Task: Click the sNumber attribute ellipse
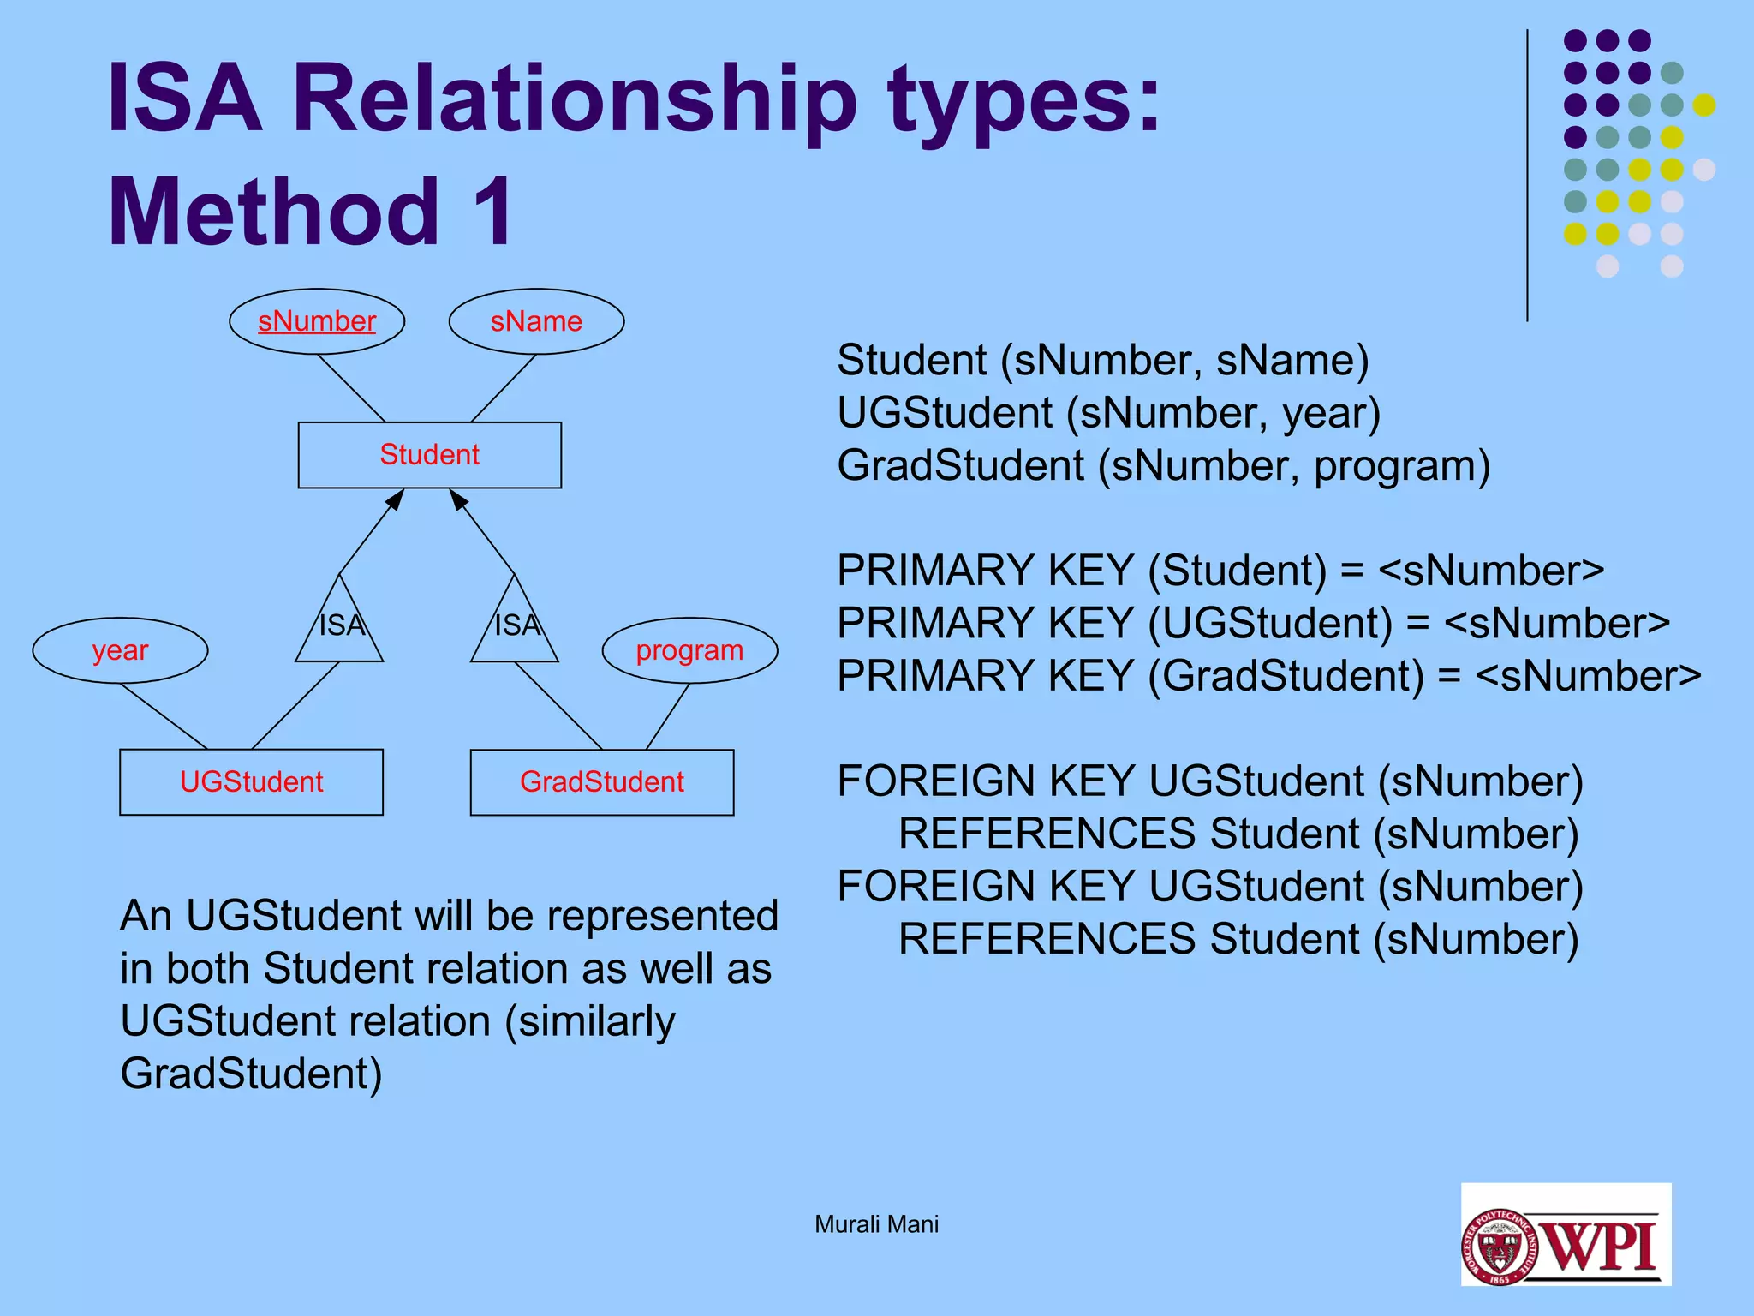coord(317,321)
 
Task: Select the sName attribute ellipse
coord(536,321)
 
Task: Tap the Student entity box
coord(429,455)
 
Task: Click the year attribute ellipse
coord(120,650)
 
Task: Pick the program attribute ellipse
coord(689,650)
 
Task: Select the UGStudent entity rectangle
coord(251,781)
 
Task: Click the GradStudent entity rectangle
coord(601,781)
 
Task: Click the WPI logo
coord(1566,1234)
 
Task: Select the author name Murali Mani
coord(876,1224)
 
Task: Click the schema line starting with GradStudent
coord(1163,466)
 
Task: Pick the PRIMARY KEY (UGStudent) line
coord(1253,623)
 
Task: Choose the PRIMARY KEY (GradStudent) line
coord(1268,676)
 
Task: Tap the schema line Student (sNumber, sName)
coord(1102,360)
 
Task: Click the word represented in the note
coord(662,916)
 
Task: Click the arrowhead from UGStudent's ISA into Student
coord(395,499)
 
